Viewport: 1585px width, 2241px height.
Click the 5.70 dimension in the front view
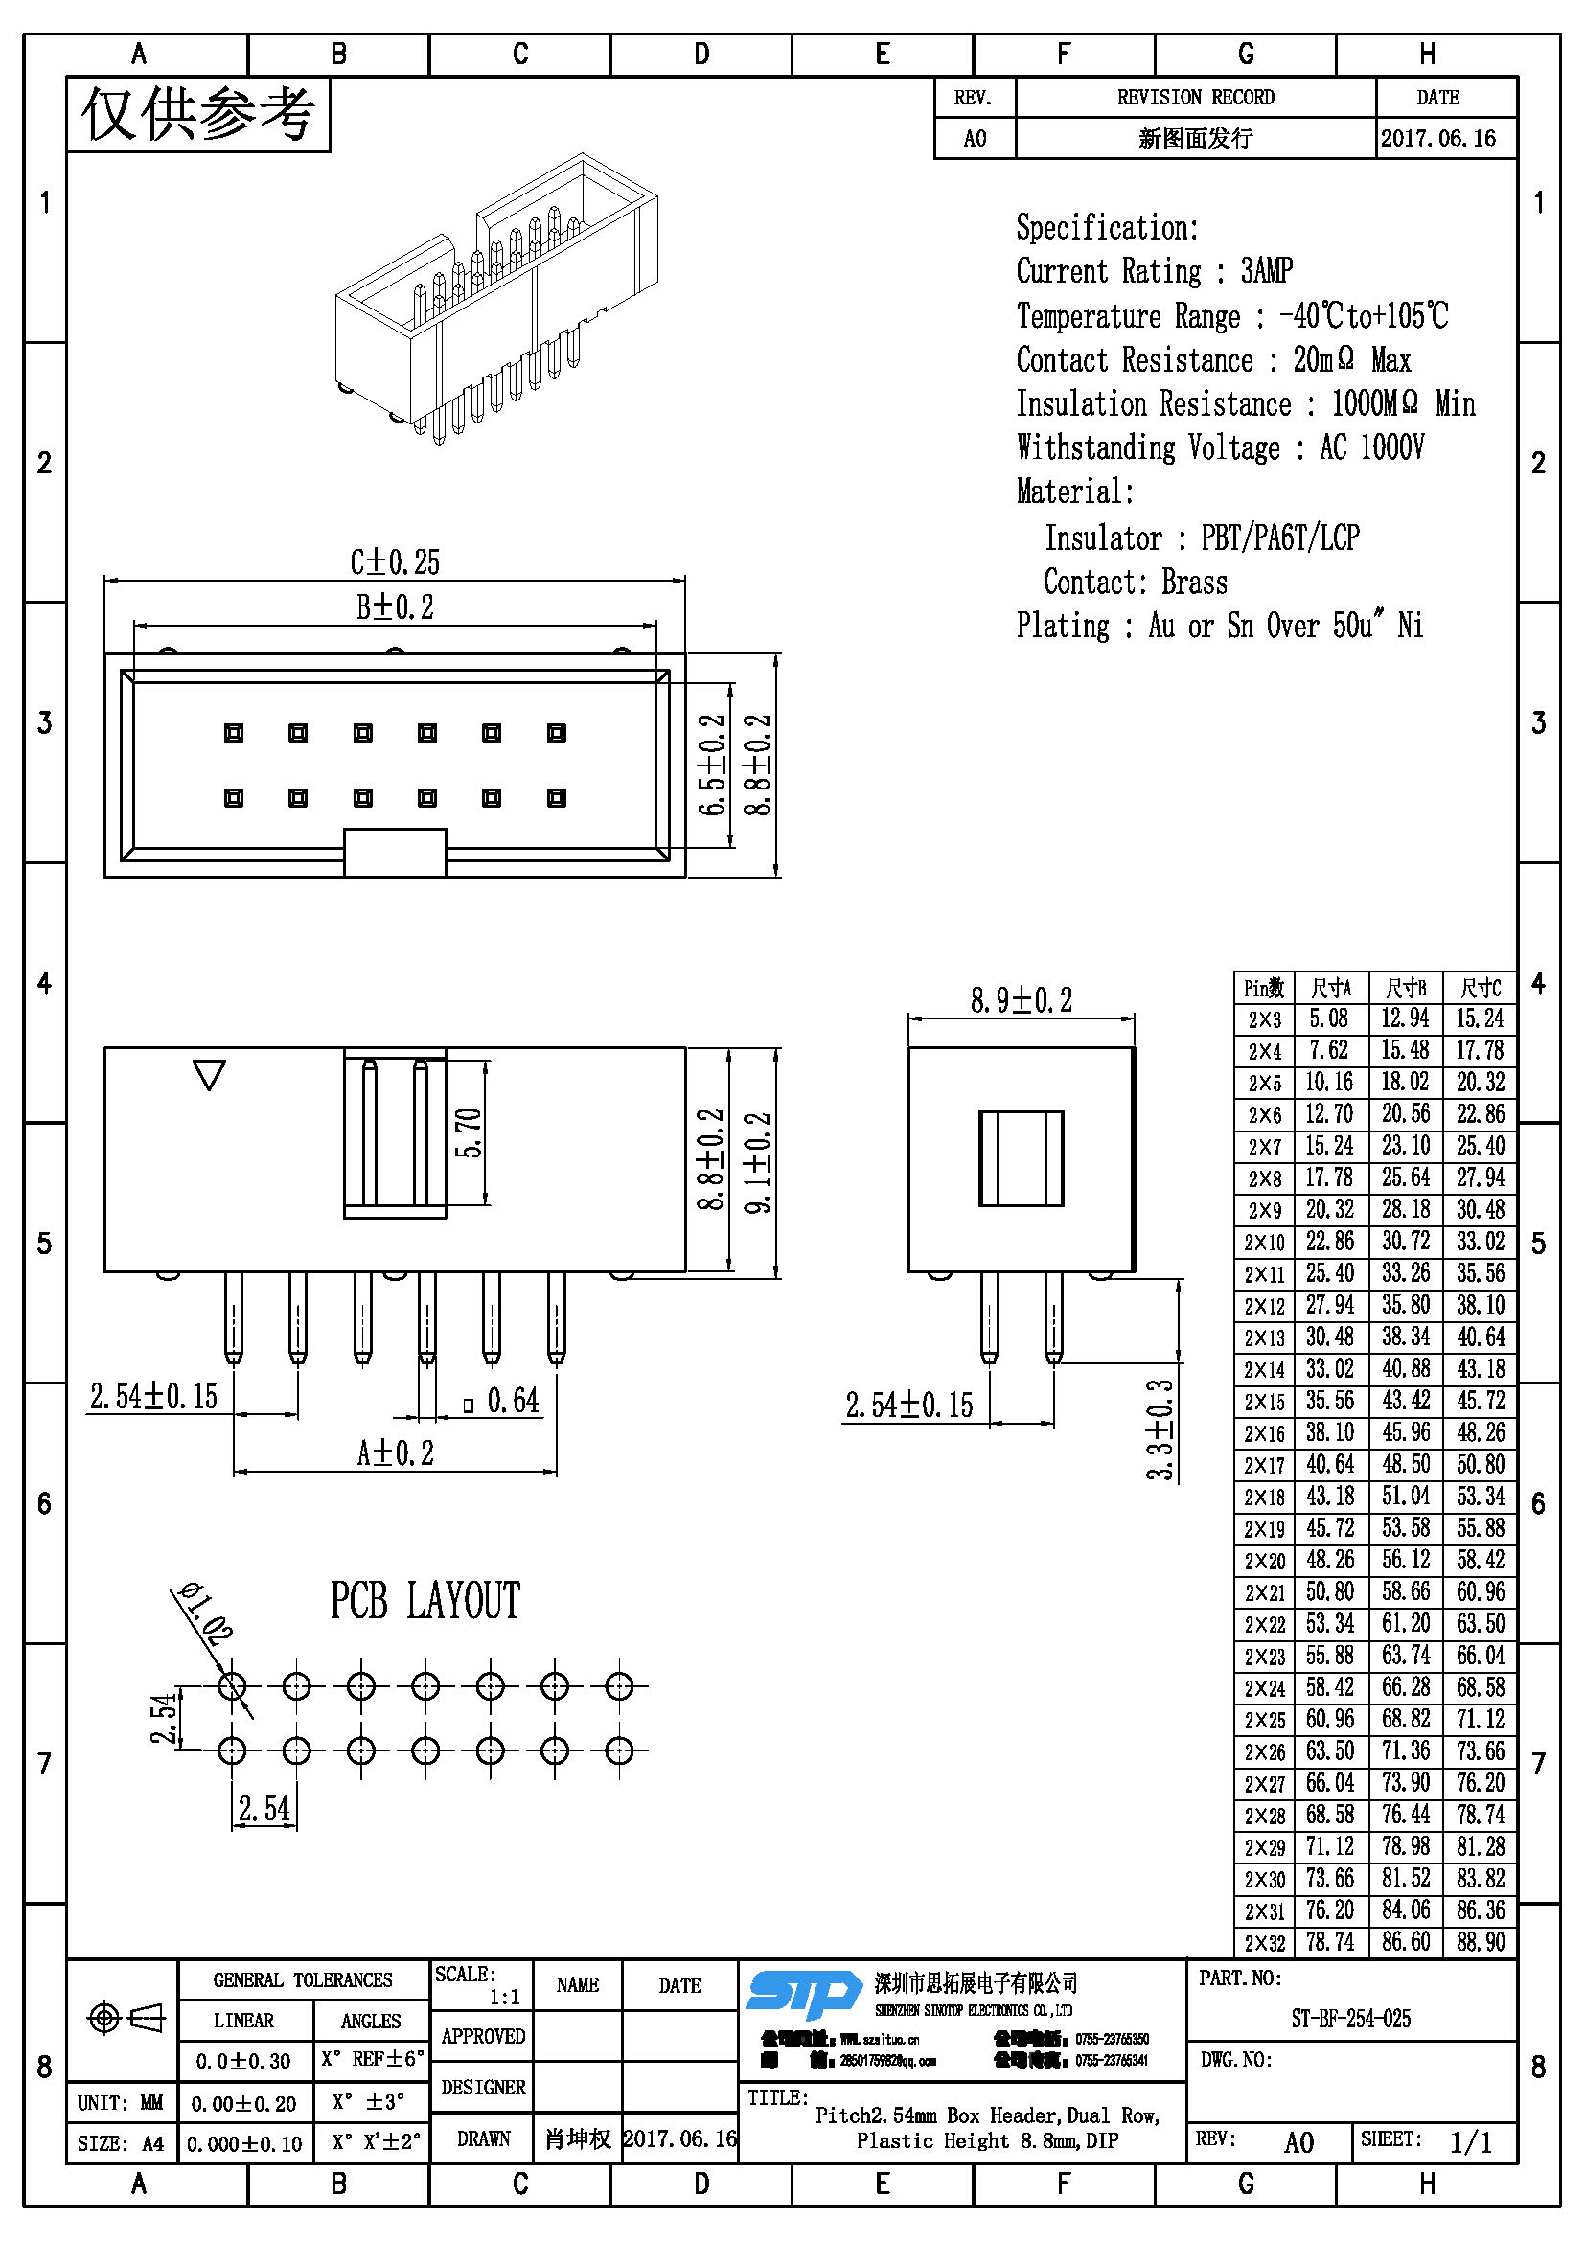point(470,1132)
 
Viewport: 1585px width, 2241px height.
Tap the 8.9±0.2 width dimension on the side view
point(1020,1000)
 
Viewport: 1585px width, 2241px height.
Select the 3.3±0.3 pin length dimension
point(1160,1429)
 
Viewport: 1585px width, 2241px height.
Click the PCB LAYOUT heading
point(425,1602)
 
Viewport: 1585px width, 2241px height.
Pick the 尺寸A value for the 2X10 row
point(1329,1242)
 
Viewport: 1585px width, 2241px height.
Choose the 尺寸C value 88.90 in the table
point(1480,1941)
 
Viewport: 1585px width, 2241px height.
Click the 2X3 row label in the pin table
point(1264,1020)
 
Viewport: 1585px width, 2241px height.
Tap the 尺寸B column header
point(1405,988)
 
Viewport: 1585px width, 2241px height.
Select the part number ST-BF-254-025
point(1350,2019)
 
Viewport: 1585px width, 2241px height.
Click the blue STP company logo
point(802,1993)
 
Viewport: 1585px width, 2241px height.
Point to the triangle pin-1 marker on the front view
point(210,1074)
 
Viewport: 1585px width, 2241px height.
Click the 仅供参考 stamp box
point(198,114)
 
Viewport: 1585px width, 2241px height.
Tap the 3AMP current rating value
point(1266,270)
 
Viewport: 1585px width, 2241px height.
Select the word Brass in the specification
point(1194,583)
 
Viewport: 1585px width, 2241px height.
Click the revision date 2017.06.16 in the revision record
point(1437,138)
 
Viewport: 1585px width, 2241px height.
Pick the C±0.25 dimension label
point(394,562)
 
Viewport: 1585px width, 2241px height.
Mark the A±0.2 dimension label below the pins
point(394,1453)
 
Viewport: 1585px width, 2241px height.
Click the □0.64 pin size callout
point(501,1402)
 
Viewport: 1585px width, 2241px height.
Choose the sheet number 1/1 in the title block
point(1470,2142)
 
